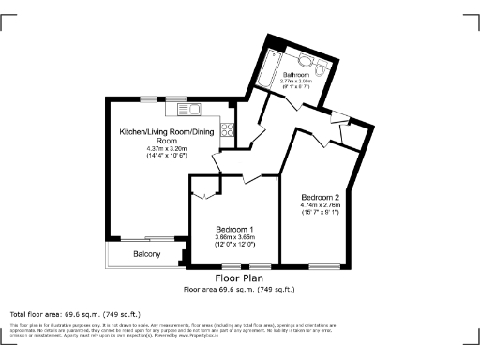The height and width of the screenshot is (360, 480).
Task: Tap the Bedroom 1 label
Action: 234,230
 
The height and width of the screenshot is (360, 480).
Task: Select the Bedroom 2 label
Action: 320,197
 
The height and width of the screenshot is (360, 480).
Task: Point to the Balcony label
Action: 145,254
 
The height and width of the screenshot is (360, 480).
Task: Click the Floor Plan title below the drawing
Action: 240,279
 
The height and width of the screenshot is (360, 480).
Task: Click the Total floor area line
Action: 75,314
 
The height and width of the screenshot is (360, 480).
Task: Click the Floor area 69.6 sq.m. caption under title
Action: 240,289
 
